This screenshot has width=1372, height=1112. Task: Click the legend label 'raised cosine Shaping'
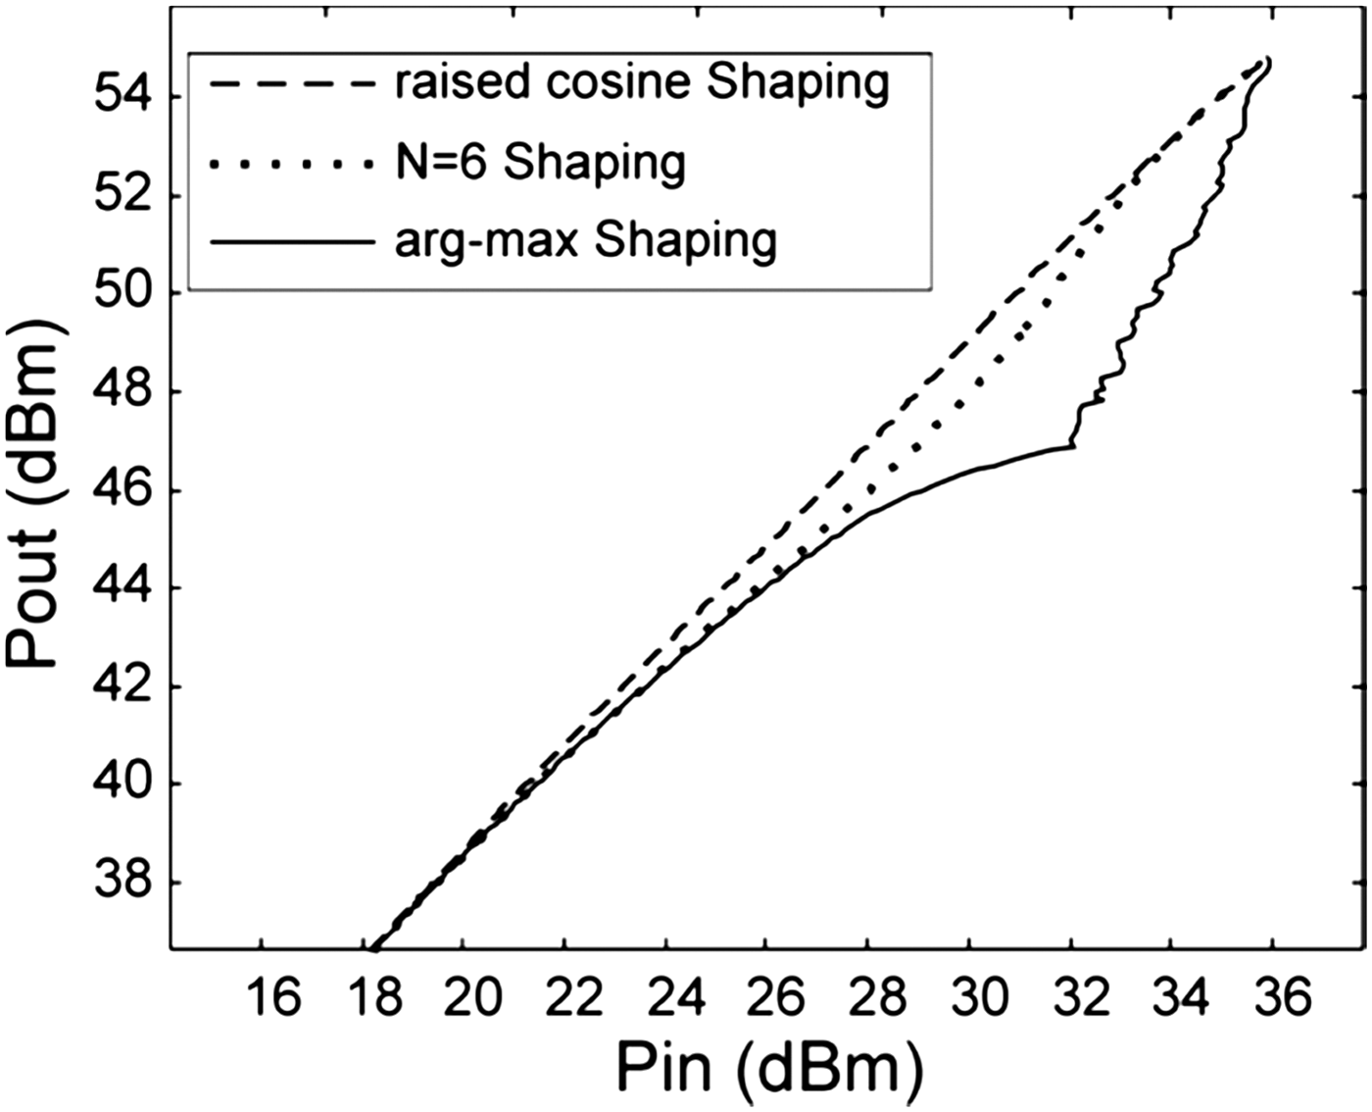click(x=642, y=83)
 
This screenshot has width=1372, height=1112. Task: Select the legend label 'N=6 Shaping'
click(x=540, y=162)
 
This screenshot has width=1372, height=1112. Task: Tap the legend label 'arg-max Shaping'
click(x=585, y=240)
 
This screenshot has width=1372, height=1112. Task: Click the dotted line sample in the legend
click(x=291, y=163)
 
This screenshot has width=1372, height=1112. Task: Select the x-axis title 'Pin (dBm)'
click(x=769, y=1067)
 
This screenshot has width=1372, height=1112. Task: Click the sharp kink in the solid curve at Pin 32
click(x=1073, y=446)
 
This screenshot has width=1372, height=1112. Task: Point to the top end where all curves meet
click(x=1267, y=61)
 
